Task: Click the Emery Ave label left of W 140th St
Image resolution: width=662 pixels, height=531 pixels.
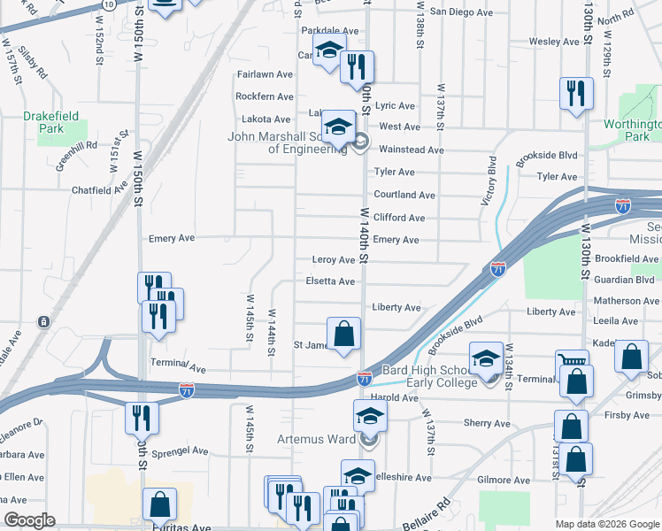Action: tap(172, 238)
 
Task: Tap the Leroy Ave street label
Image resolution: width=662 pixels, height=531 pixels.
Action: tap(333, 260)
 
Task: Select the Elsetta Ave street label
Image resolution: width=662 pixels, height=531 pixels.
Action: tap(329, 281)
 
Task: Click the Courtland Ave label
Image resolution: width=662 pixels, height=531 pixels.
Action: tap(404, 195)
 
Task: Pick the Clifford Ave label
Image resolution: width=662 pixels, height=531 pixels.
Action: tap(399, 218)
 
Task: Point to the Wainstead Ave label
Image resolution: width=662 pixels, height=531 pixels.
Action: tap(411, 150)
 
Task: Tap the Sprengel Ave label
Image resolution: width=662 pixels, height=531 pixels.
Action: tap(180, 450)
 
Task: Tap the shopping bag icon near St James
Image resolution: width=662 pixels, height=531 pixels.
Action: tap(344, 335)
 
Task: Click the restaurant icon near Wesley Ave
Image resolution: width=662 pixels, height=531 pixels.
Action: tap(577, 92)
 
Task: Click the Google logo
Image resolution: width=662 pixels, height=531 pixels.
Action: tap(29, 519)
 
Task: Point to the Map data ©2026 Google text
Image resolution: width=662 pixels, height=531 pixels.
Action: tap(606, 523)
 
